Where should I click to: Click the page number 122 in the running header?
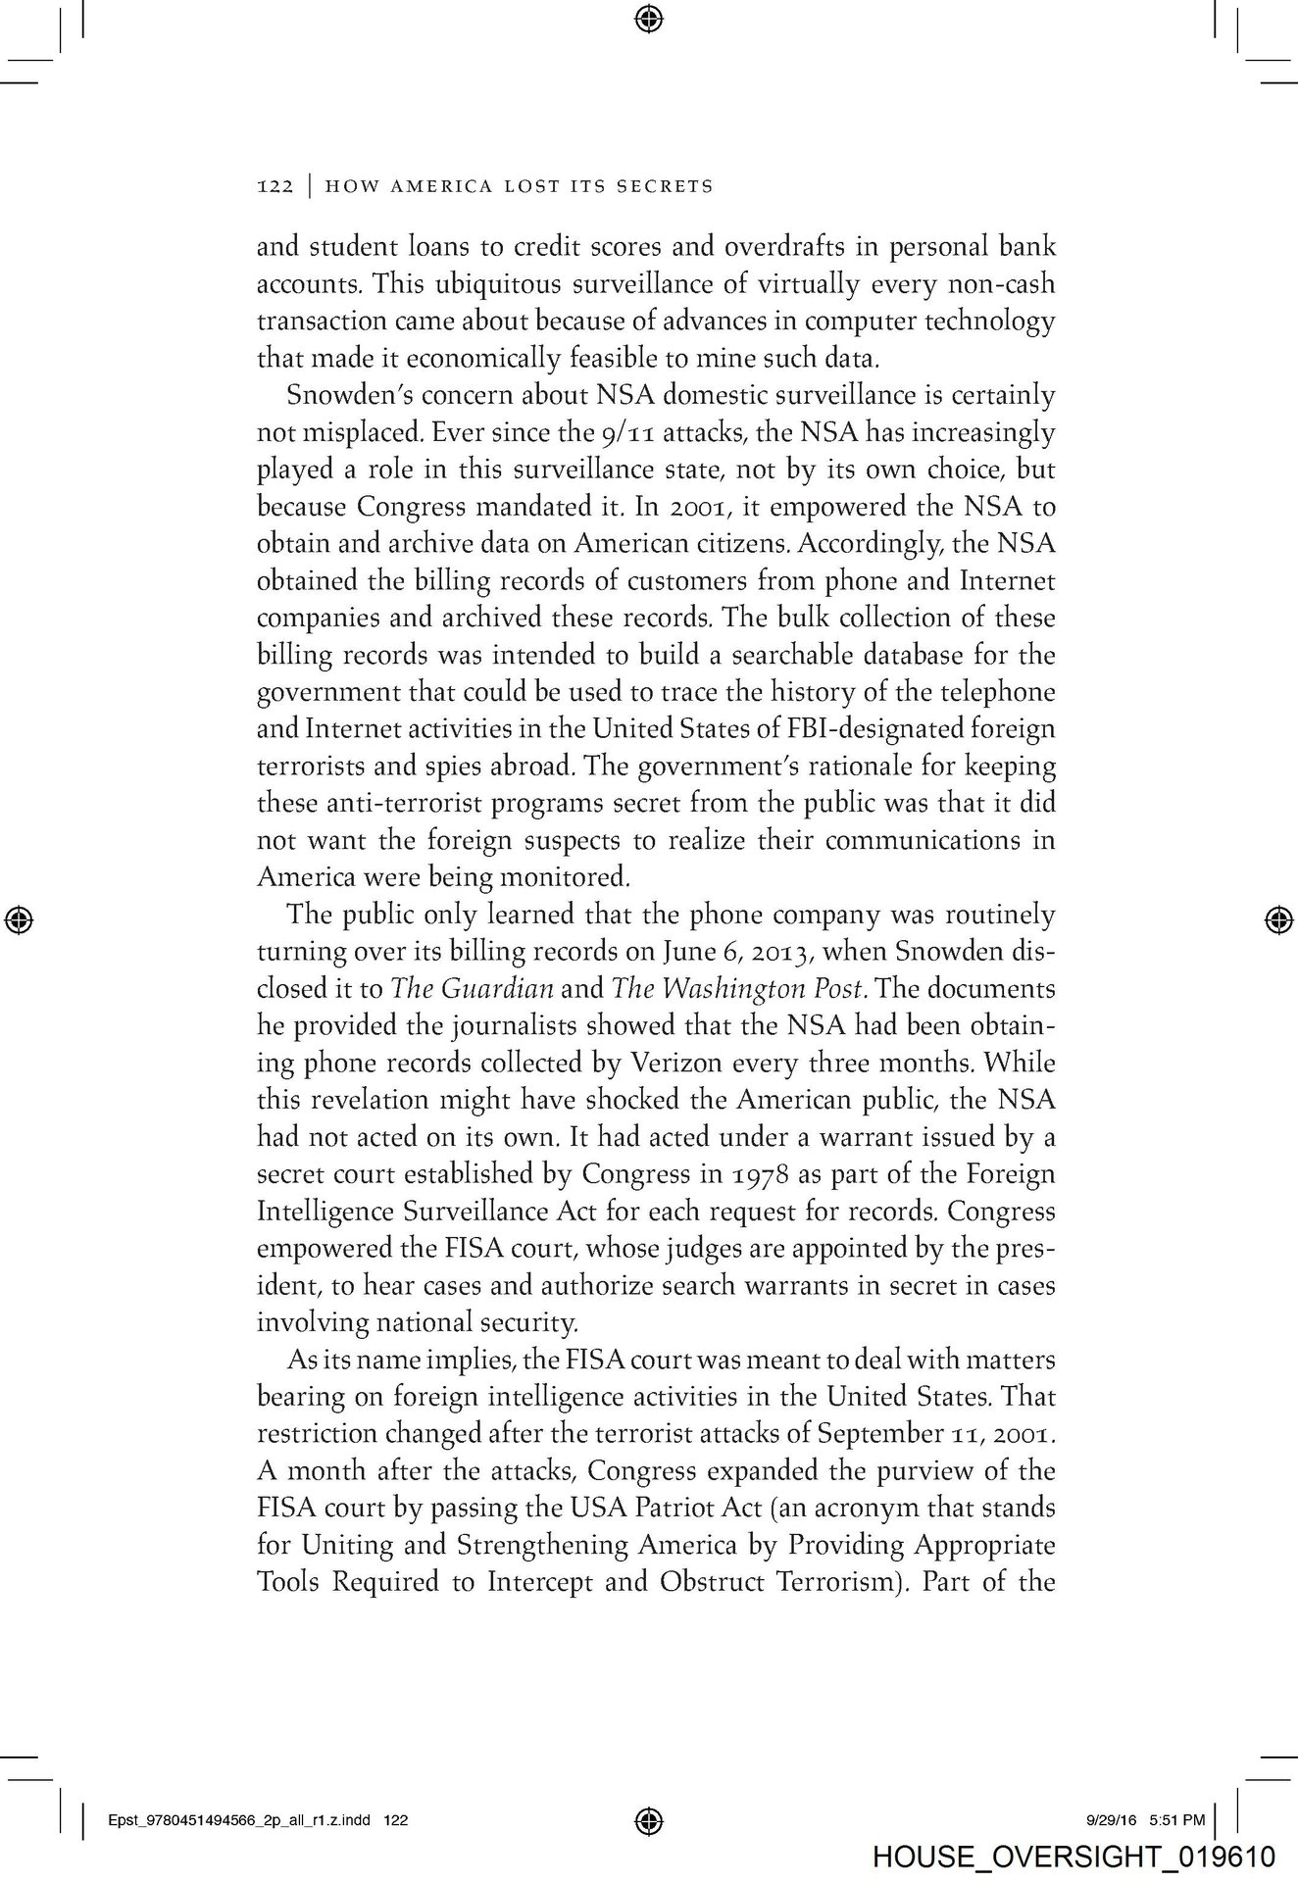[x=275, y=186]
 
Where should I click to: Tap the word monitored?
[x=570, y=876]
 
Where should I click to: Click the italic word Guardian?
[x=500, y=989]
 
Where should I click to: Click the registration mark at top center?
[x=649, y=18]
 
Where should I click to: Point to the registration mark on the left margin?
[x=19, y=918]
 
